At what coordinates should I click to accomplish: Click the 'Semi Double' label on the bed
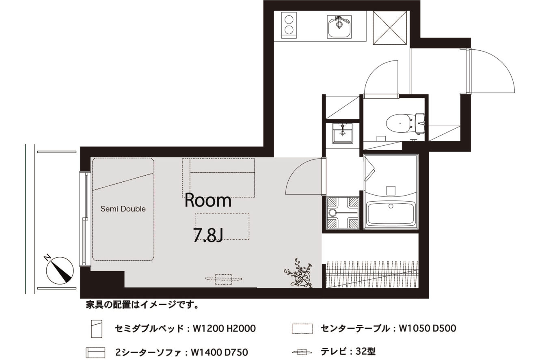[123, 209]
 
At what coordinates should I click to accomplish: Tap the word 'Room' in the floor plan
[208, 200]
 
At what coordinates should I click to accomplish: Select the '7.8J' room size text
[207, 235]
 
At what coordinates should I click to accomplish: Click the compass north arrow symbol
[60, 269]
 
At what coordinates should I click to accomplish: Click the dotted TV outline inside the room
[223, 279]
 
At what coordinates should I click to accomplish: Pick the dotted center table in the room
[222, 226]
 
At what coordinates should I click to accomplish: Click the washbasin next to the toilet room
[343, 133]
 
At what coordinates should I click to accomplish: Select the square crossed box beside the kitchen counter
[390, 28]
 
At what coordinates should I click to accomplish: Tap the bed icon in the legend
[97, 329]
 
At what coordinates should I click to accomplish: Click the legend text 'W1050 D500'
[428, 328]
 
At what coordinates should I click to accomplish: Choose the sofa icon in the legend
[95, 353]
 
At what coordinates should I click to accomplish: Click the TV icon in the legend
[302, 352]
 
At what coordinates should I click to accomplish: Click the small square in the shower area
[391, 191]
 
